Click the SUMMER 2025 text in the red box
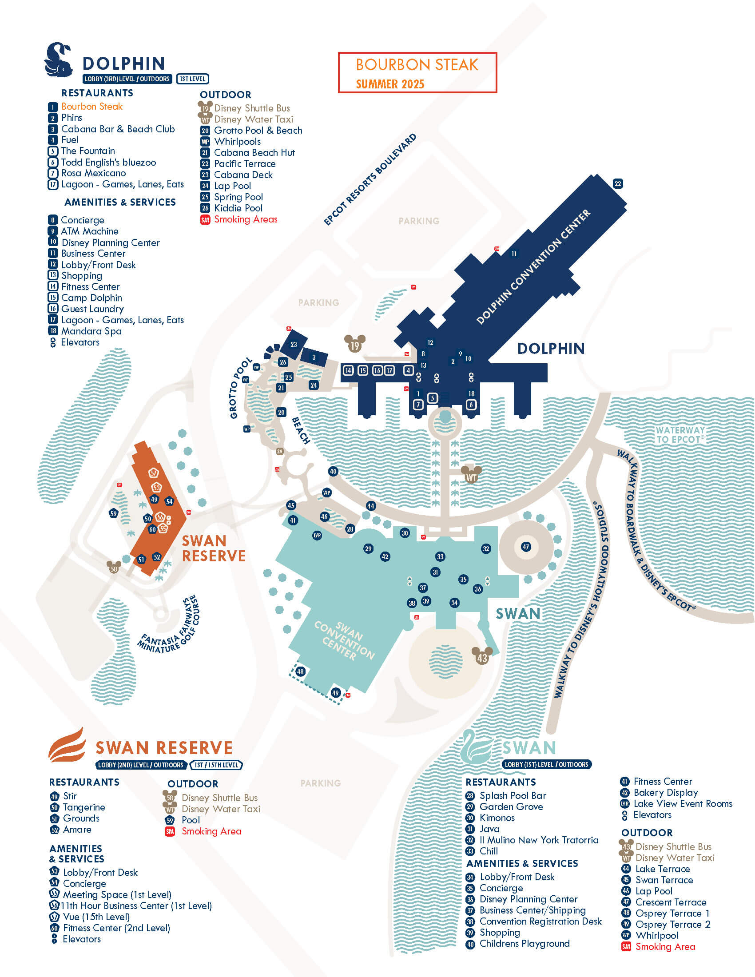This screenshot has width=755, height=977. click(x=390, y=84)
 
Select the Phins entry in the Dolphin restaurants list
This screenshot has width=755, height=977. click(x=72, y=118)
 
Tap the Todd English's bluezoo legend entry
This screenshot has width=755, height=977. click(x=108, y=163)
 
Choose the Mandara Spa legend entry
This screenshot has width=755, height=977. click(x=91, y=331)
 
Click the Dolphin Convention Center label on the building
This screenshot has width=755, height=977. click(x=533, y=266)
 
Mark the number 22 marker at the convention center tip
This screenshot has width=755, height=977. click(x=617, y=183)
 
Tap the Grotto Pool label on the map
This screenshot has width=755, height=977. click(x=240, y=388)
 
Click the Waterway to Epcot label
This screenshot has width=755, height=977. click(x=680, y=435)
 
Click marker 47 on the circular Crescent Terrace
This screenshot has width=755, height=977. click(x=525, y=547)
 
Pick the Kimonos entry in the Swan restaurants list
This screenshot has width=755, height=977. click(x=497, y=818)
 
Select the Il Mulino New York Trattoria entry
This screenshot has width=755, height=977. click(x=539, y=840)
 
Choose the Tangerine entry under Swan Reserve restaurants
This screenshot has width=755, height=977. click(x=83, y=807)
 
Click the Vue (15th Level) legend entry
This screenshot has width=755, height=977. click(x=96, y=917)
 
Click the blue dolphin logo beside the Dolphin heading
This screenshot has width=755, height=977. click(x=59, y=60)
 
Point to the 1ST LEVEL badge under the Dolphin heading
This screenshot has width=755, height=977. click(x=192, y=79)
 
